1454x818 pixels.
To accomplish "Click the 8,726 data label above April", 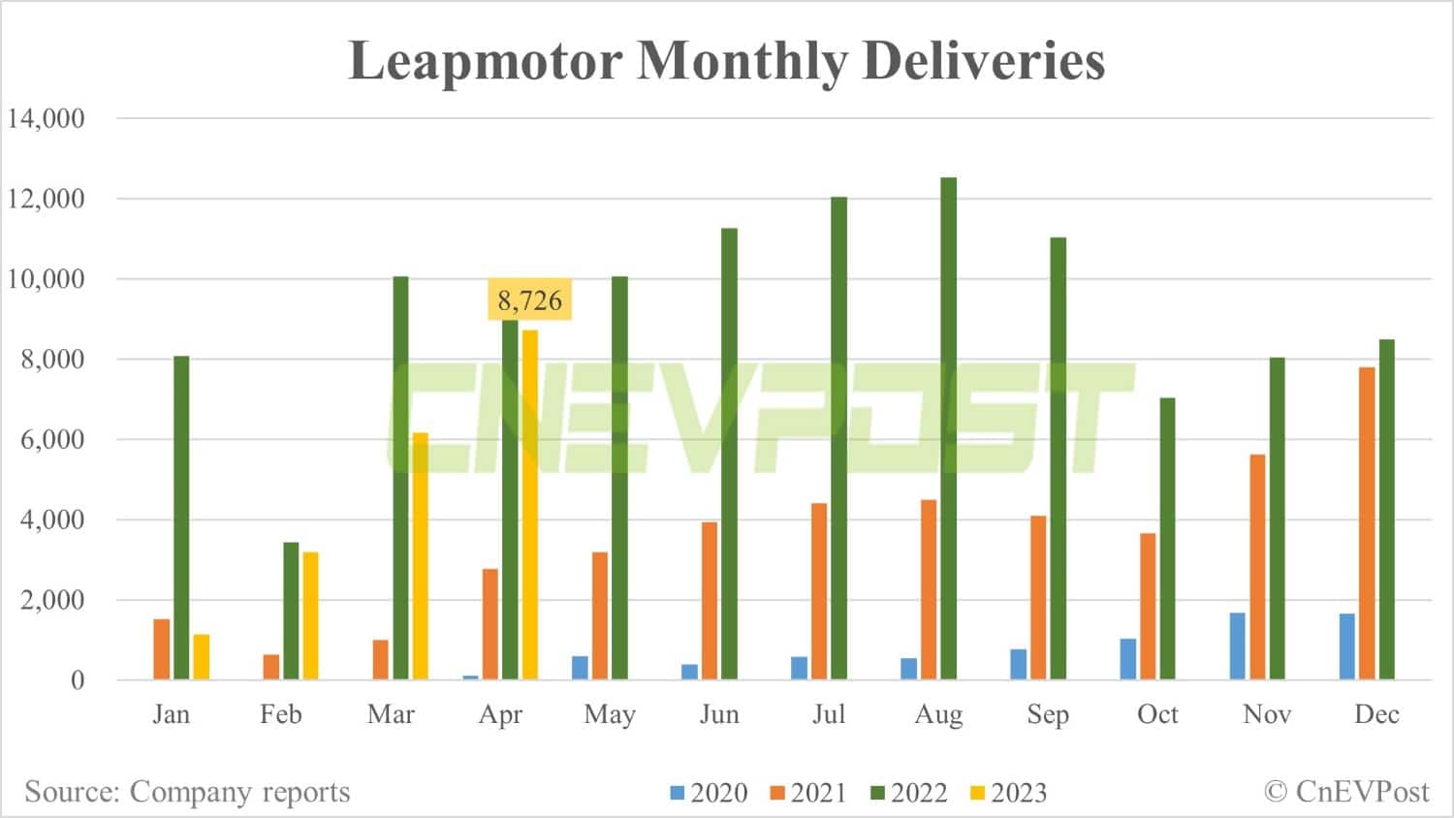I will tap(529, 300).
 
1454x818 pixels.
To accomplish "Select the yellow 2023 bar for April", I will tap(529, 504).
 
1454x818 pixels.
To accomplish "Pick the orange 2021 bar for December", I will tap(1367, 523).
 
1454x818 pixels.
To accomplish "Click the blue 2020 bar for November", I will tap(1238, 645).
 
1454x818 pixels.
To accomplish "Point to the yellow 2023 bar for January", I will tap(201, 656).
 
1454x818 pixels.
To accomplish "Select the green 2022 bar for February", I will tap(291, 611).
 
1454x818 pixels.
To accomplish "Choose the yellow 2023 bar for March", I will tap(420, 555).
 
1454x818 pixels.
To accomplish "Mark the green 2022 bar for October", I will tap(1167, 538).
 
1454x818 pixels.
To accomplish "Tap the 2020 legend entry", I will tap(709, 793).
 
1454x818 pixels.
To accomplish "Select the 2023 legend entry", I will tap(1008, 793).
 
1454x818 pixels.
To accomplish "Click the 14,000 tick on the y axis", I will tap(47, 118).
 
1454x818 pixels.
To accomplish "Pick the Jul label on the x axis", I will tap(829, 714).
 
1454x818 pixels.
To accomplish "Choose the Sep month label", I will tap(1048, 714).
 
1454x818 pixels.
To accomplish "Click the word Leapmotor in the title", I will tap(485, 60).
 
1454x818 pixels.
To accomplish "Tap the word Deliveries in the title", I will tap(983, 60).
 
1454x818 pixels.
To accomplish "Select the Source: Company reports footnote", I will tap(187, 792).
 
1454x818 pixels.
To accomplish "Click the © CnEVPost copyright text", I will tap(1346, 792).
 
